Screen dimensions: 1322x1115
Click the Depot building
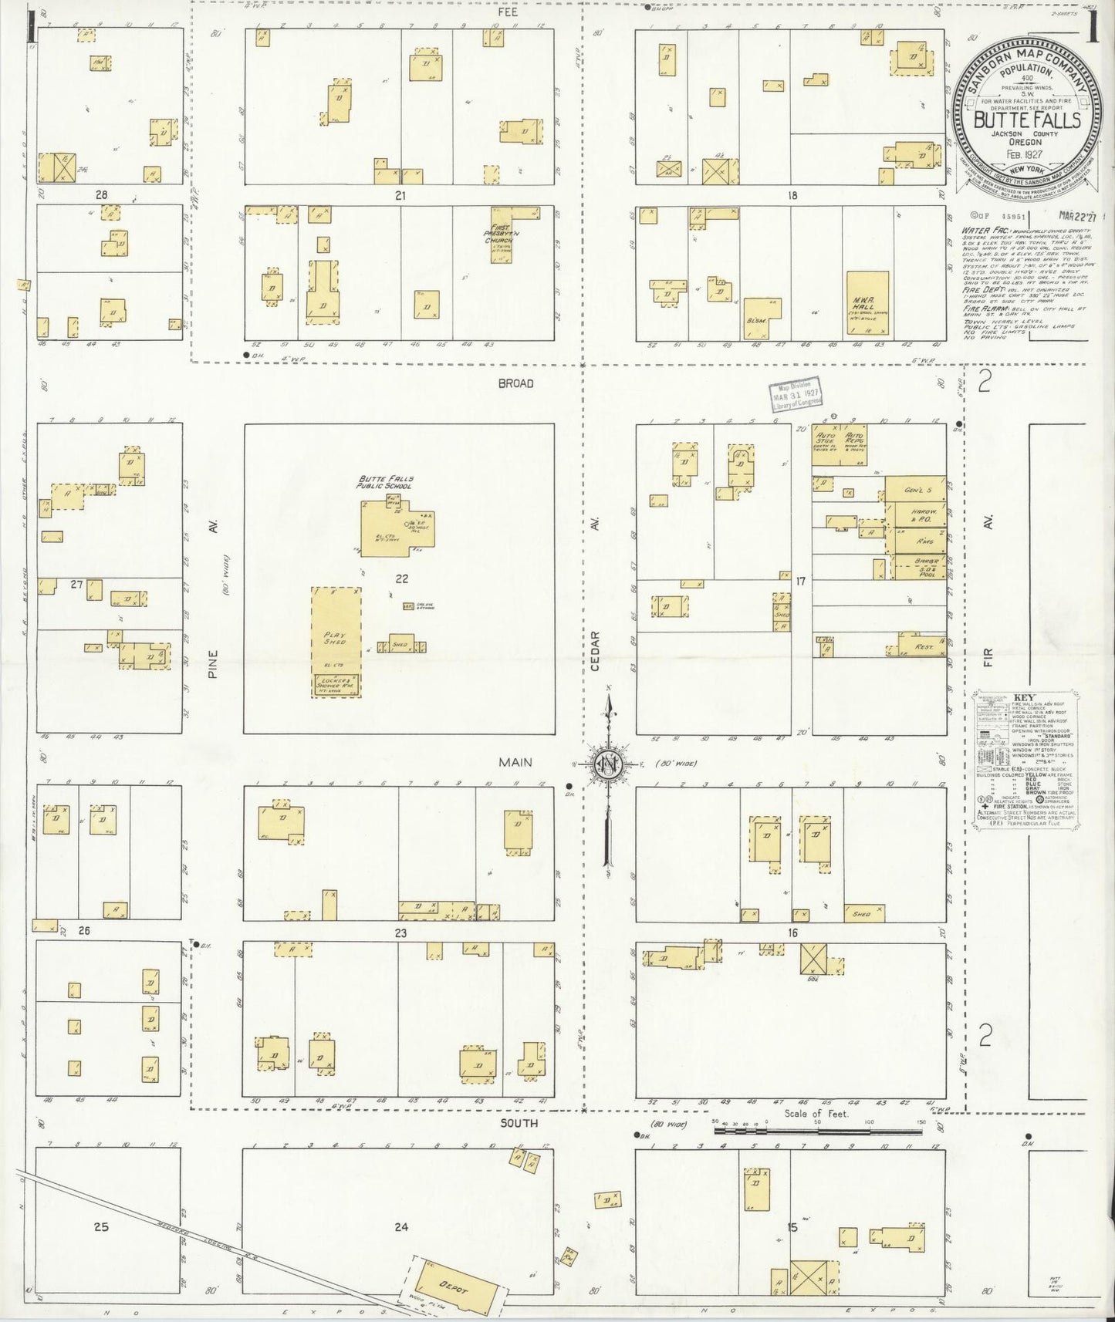tap(451, 1287)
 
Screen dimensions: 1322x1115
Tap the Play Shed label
tap(334, 639)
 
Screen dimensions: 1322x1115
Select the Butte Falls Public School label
tap(384, 483)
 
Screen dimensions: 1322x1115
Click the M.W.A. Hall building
tap(867, 303)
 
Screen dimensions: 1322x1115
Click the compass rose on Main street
tap(608, 764)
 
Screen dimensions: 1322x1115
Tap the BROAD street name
tap(515, 383)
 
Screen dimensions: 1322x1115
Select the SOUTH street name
tap(519, 1123)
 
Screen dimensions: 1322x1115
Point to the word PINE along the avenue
tap(213, 665)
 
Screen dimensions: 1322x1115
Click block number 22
tap(401, 578)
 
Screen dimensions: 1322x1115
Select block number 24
tap(401, 1226)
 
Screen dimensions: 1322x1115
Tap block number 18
tap(792, 196)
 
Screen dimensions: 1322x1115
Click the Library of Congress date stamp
tap(794, 397)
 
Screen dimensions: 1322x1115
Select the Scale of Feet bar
tap(818, 1130)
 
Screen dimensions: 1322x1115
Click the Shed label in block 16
tap(862, 914)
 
